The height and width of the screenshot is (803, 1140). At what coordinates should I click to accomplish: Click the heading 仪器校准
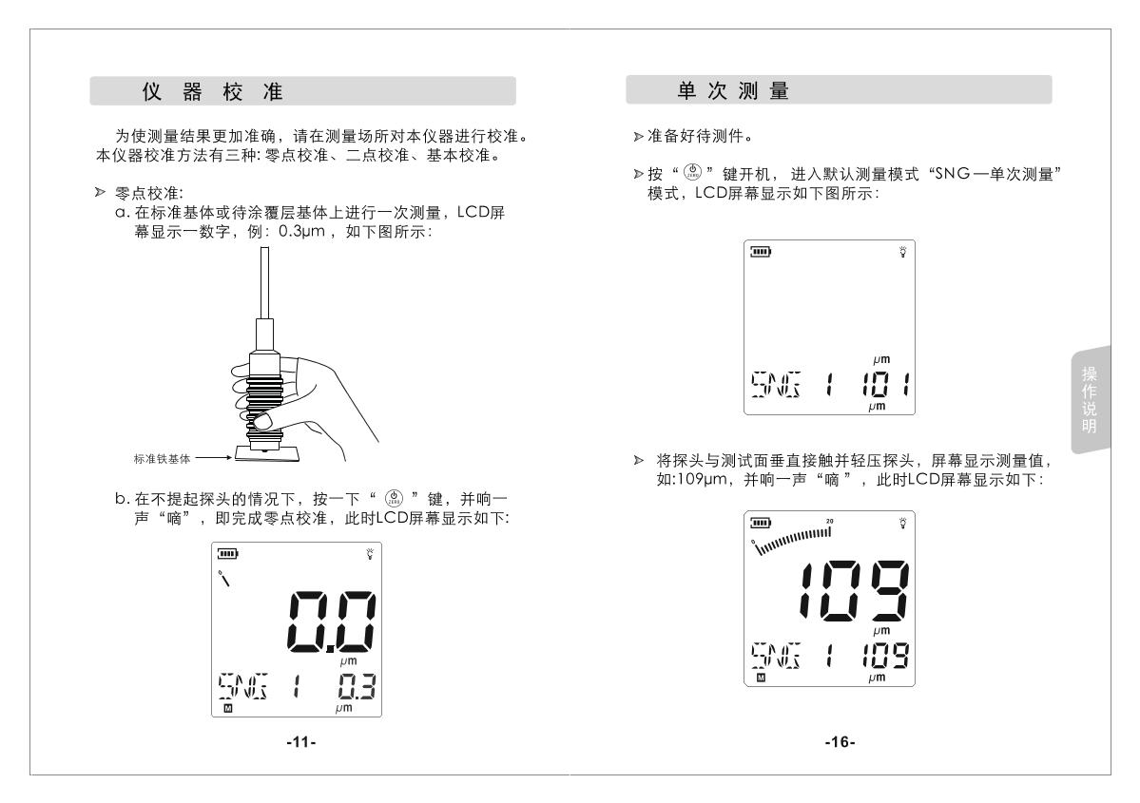(x=212, y=91)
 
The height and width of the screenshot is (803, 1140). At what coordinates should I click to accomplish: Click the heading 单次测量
(x=733, y=91)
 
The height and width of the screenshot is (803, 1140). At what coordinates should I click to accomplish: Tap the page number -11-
(x=301, y=742)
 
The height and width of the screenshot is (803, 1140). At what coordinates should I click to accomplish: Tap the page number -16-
(x=840, y=742)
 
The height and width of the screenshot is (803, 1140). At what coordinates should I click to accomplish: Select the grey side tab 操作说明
(x=1090, y=399)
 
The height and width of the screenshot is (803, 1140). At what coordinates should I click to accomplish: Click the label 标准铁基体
(x=163, y=459)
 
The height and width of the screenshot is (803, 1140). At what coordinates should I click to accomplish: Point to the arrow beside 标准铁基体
(x=214, y=458)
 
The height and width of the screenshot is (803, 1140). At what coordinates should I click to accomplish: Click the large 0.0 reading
(x=332, y=621)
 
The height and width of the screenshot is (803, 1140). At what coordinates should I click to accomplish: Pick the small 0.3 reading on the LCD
(x=357, y=687)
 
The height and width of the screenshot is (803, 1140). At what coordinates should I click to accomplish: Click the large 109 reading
(x=854, y=591)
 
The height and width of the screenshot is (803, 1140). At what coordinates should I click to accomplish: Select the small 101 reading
(x=885, y=383)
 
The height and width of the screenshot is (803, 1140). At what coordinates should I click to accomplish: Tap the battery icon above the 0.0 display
(x=227, y=554)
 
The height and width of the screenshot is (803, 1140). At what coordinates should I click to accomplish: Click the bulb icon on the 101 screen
(x=903, y=252)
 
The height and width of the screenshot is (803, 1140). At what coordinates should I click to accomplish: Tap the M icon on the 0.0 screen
(x=227, y=709)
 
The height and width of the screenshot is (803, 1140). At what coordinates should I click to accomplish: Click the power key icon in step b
(x=394, y=499)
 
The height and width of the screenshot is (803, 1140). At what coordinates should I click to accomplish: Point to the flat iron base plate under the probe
(x=266, y=454)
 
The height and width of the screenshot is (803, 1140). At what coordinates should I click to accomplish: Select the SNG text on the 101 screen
(x=776, y=384)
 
